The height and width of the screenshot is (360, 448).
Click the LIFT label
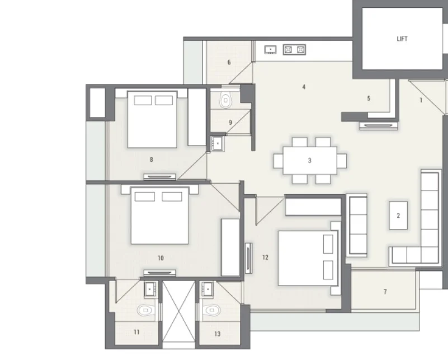402,39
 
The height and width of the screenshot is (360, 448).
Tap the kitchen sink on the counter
270,50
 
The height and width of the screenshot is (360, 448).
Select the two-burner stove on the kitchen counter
294,50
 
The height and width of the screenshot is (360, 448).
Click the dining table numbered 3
310,161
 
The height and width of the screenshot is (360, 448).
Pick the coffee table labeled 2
398,216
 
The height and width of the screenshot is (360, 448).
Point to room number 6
229,62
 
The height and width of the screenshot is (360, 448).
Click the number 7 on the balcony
385,292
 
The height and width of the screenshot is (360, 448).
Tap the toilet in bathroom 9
226,100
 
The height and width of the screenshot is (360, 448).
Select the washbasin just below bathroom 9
218,143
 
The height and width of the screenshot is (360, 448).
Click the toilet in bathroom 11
146,310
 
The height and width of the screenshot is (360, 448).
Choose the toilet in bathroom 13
212,310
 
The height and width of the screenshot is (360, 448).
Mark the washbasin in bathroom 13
207,289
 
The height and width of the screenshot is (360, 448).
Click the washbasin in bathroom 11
150,289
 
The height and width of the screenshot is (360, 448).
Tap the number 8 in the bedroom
151,160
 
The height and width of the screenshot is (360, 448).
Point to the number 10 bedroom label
161,258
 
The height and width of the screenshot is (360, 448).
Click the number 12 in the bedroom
265,258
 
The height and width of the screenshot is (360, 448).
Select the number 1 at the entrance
421,100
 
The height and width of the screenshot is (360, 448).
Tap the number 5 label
369,99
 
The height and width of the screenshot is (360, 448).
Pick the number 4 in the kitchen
304,87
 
